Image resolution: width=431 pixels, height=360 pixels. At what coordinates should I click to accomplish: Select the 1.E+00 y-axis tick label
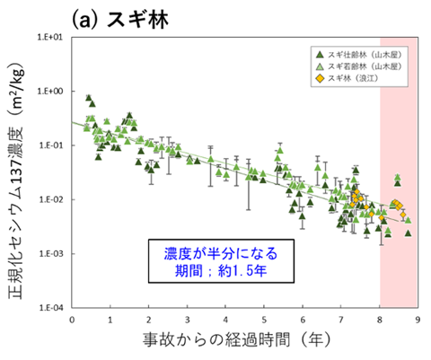tap(54, 92)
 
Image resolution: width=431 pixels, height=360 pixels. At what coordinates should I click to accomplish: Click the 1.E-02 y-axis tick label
tap(54, 199)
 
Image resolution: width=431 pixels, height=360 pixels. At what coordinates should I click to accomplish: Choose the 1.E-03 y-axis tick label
tap(54, 253)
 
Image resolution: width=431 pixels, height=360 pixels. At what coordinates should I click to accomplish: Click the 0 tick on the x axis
tap(72, 319)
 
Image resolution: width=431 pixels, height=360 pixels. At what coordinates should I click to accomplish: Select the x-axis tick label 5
tap(264, 319)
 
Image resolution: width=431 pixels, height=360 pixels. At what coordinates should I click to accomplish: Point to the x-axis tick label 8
tap(380, 319)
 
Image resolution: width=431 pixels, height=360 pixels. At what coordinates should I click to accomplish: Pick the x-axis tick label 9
tap(418, 319)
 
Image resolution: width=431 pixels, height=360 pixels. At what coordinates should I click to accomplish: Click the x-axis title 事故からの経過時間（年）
tap(244, 342)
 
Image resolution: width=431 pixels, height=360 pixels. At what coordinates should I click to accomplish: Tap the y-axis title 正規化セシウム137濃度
tap(18, 175)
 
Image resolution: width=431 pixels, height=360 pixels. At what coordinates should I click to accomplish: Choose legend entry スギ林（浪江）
tap(351, 79)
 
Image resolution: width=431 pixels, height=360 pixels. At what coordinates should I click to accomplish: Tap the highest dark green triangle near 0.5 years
tap(88, 98)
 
